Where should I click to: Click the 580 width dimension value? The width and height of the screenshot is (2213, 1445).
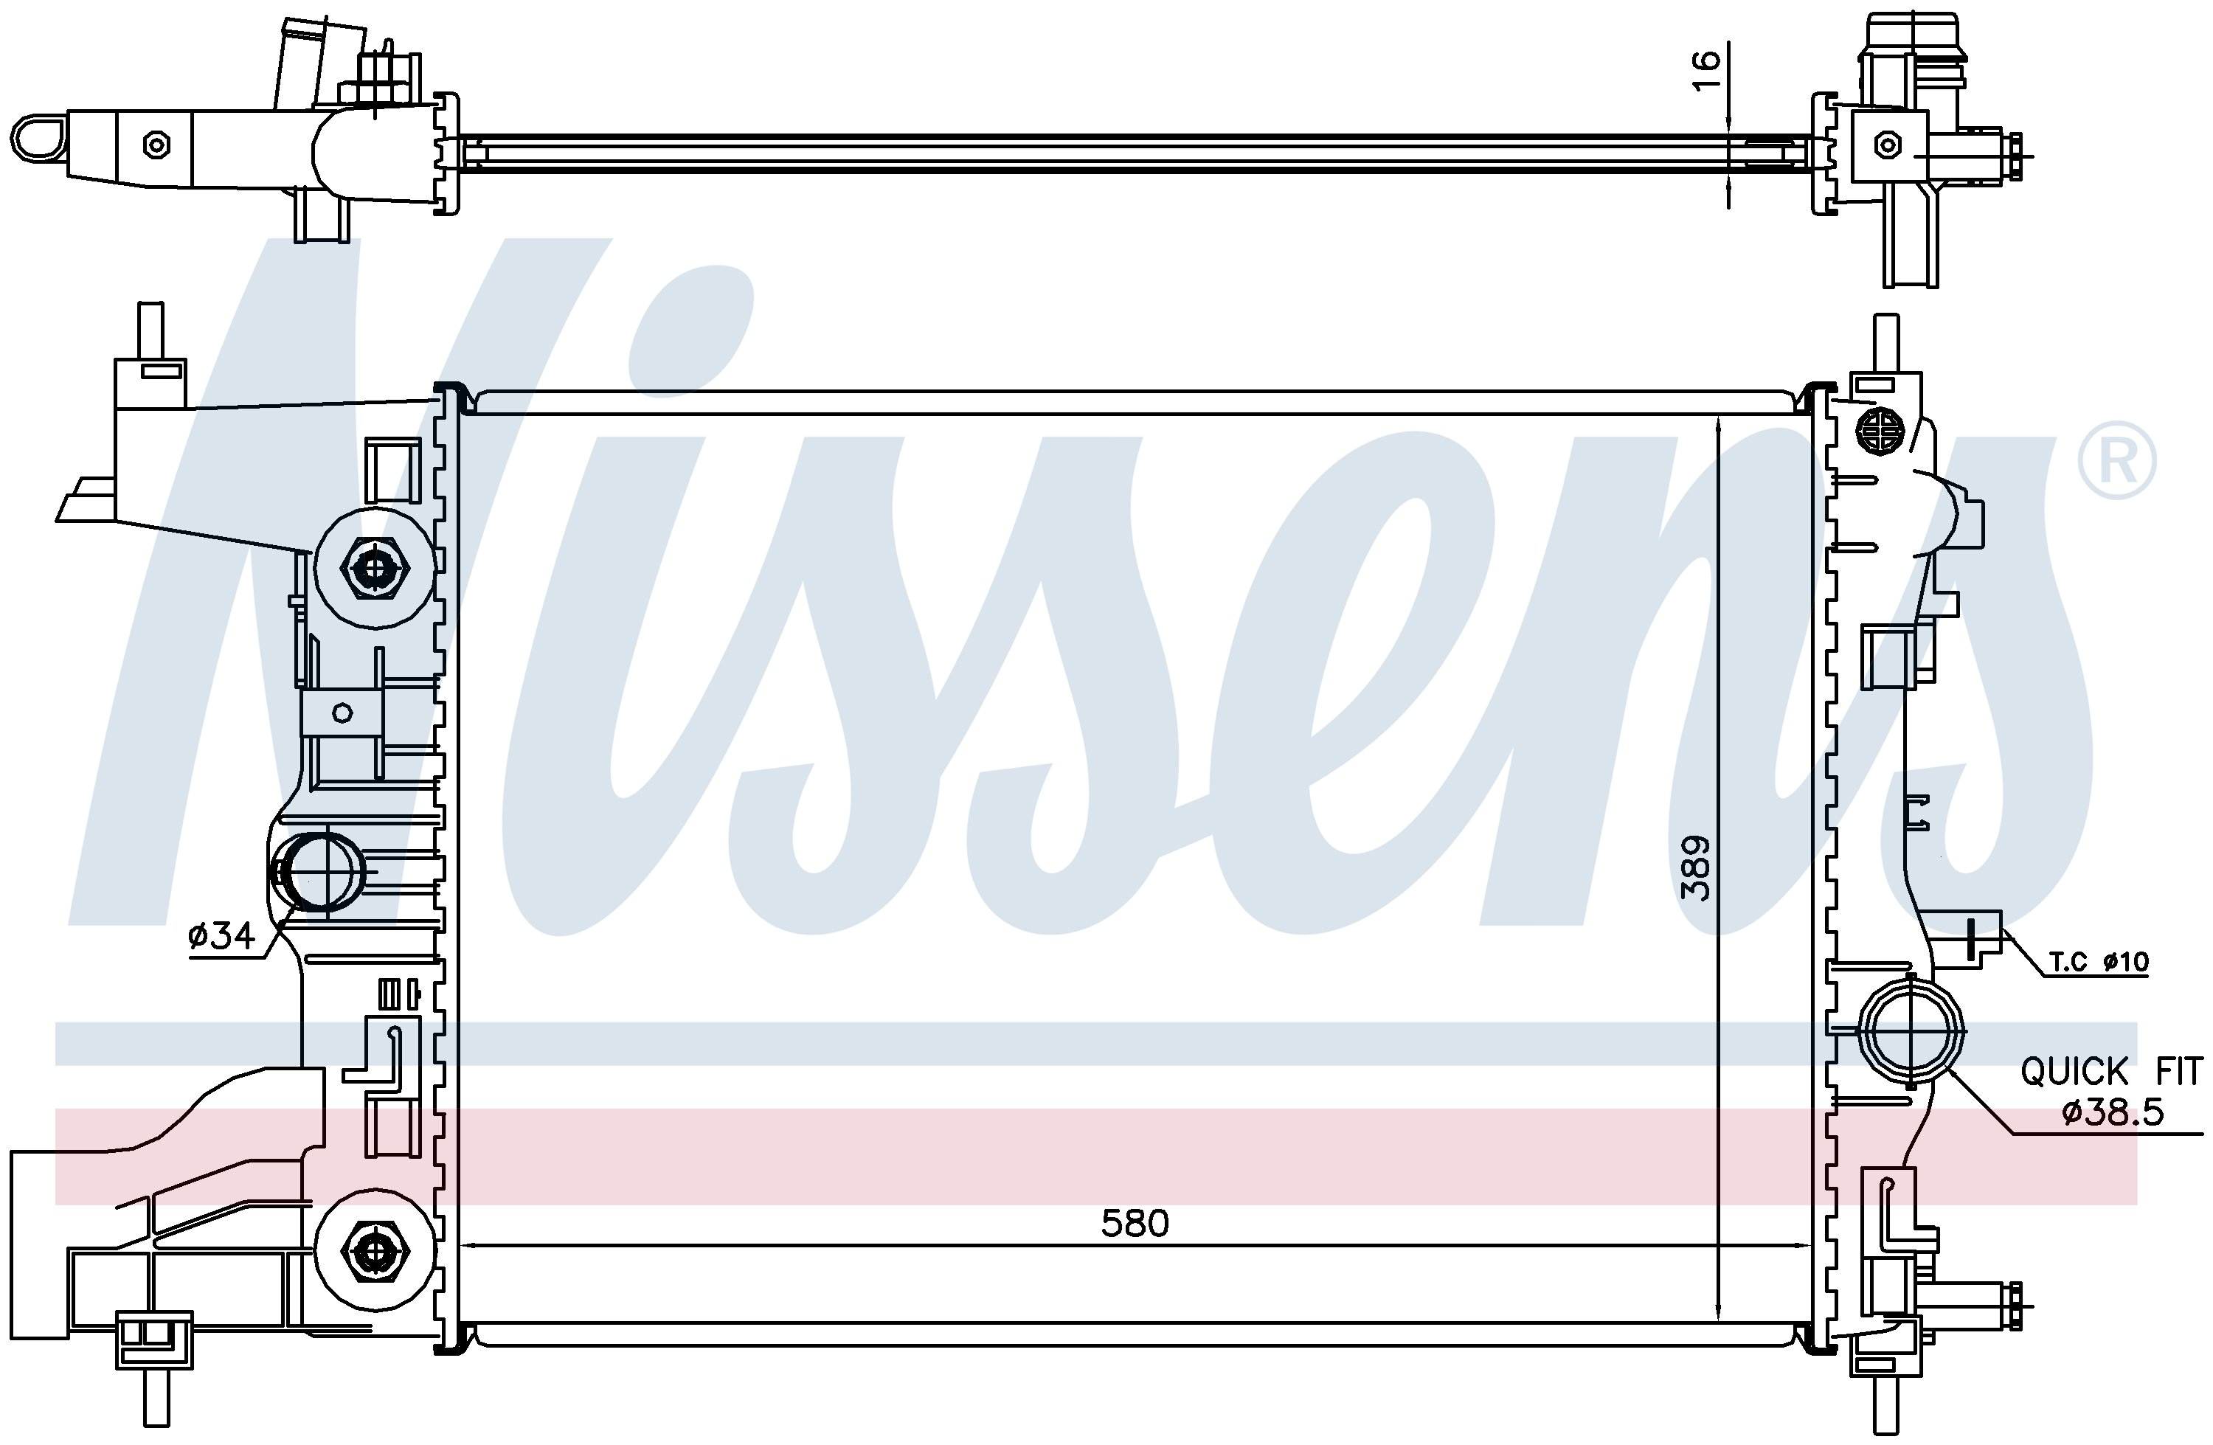click(1135, 1224)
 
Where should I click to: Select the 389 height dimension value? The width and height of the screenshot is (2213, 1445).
click(1696, 868)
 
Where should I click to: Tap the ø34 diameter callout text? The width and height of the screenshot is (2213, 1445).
click(221, 935)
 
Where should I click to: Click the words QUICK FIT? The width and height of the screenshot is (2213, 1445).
click(2110, 1072)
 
